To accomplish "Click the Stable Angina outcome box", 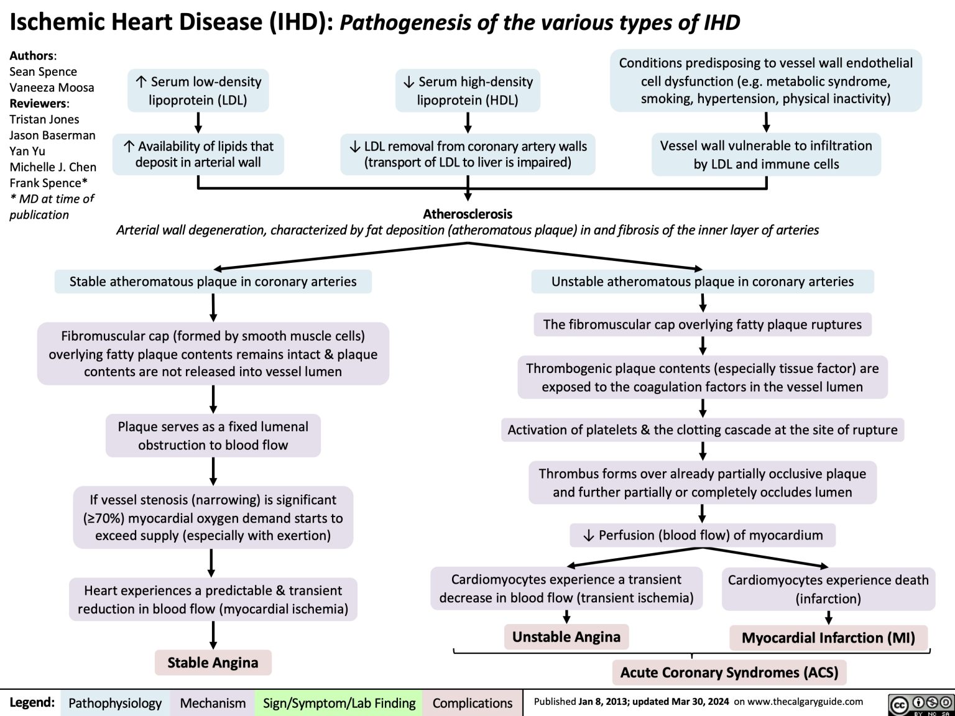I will coord(213,663).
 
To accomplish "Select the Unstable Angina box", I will coord(566,636).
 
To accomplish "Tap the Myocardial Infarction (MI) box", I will coord(828,638).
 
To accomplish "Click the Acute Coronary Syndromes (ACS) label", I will coord(729,672).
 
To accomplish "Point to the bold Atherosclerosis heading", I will coord(468,214).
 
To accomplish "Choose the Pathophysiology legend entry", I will coord(115,703).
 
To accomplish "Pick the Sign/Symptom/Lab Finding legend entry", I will coord(339,703).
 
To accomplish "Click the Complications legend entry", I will coord(472,703).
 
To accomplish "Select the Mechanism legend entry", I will coord(213,703).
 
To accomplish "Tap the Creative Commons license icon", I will coord(921,703).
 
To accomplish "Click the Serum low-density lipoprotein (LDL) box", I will coord(198,91).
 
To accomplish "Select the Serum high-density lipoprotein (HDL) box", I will coord(468,91).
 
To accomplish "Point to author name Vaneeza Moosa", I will coord(52,88).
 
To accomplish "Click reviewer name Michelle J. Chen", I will coord(53,167).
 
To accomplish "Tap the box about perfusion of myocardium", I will coord(703,535).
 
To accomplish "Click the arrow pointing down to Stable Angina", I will coord(213,635).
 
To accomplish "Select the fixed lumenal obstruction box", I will coord(213,436).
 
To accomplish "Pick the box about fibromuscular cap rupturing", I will coord(702,324).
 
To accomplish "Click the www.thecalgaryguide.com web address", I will coord(807,702).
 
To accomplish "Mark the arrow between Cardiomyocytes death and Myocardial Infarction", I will coord(828,617).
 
